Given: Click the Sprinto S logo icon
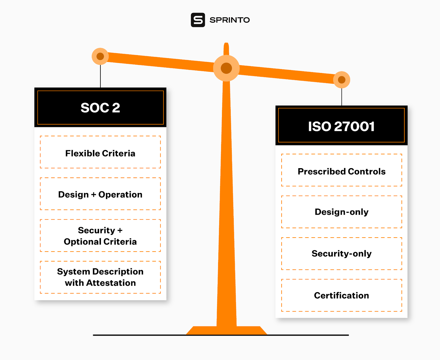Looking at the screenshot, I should (x=198, y=20).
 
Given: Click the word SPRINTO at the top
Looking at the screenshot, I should (x=230, y=20).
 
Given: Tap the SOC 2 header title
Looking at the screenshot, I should (x=100, y=108).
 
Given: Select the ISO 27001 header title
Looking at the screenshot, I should (x=341, y=127).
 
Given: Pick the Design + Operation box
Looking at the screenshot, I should (x=100, y=194).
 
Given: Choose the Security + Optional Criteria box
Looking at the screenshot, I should (x=100, y=236).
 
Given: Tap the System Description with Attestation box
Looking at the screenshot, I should (x=100, y=277).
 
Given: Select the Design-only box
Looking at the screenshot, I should (x=342, y=212).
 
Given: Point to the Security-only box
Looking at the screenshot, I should (x=342, y=253).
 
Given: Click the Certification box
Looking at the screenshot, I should (x=342, y=295).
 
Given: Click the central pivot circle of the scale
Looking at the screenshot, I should (x=226, y=68).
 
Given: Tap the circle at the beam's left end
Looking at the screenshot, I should (x=100, y=56).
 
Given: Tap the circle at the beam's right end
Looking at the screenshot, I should (x=342, y=80).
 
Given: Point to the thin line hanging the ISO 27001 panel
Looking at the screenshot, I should (x=342, y=97).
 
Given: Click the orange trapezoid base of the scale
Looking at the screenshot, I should (x=226, y=330).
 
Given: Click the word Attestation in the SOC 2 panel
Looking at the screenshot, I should (x=111, y=283).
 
